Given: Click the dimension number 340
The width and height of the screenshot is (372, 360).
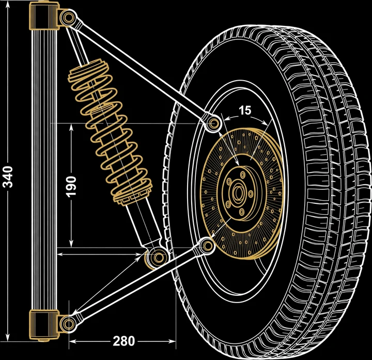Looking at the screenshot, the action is (7, 177).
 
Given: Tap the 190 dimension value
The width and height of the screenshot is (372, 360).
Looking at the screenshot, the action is (71, 186).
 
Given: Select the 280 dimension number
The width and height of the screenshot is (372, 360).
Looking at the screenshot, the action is (123, 341).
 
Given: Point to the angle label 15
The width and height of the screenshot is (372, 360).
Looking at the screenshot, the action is (244, 110).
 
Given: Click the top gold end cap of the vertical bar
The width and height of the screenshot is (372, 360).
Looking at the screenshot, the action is (44, 16).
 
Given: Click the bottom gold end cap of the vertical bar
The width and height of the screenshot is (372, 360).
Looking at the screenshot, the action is (44, 325).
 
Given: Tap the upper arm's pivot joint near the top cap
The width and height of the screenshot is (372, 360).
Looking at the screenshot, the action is (68, 18).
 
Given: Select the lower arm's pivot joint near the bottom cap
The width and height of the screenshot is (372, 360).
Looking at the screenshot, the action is (68, 324).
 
